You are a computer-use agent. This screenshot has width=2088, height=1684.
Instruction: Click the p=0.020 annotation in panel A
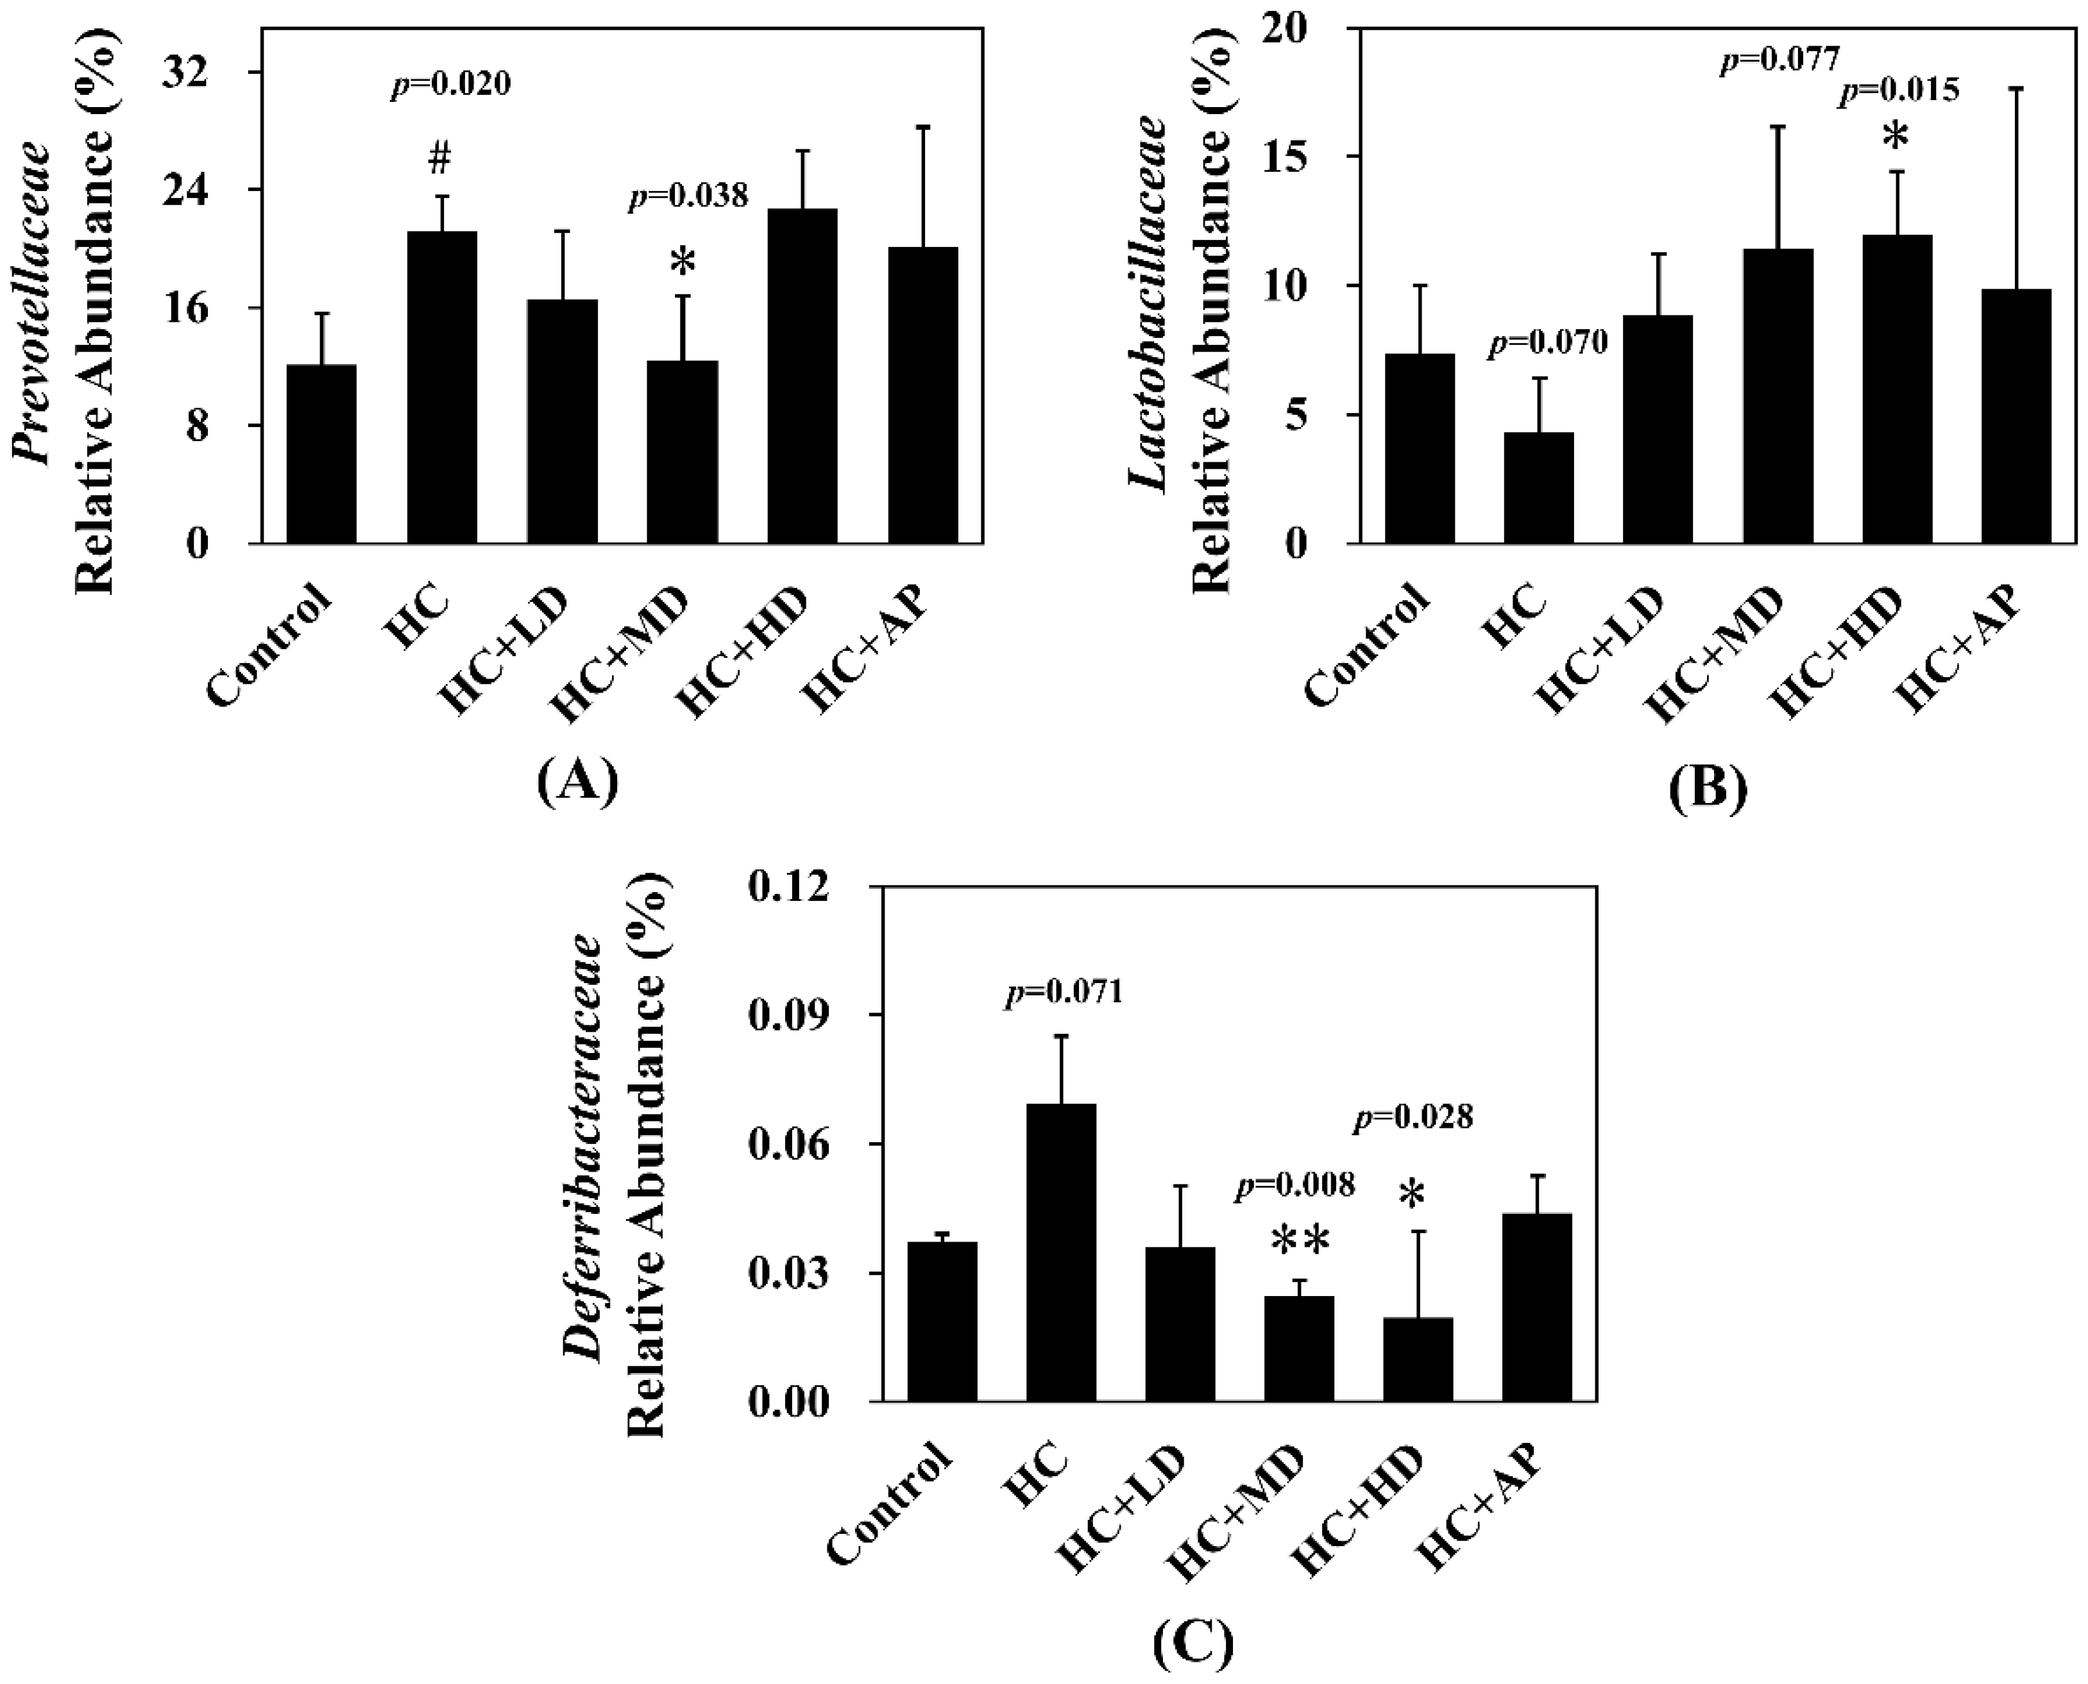pos(450,85)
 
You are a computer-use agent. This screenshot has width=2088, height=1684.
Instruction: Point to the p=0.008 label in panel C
pos(1294,1185)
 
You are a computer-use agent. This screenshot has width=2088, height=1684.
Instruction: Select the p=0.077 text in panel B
pos(1779,60)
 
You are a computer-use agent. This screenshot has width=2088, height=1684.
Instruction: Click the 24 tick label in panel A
pos(212,189)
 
